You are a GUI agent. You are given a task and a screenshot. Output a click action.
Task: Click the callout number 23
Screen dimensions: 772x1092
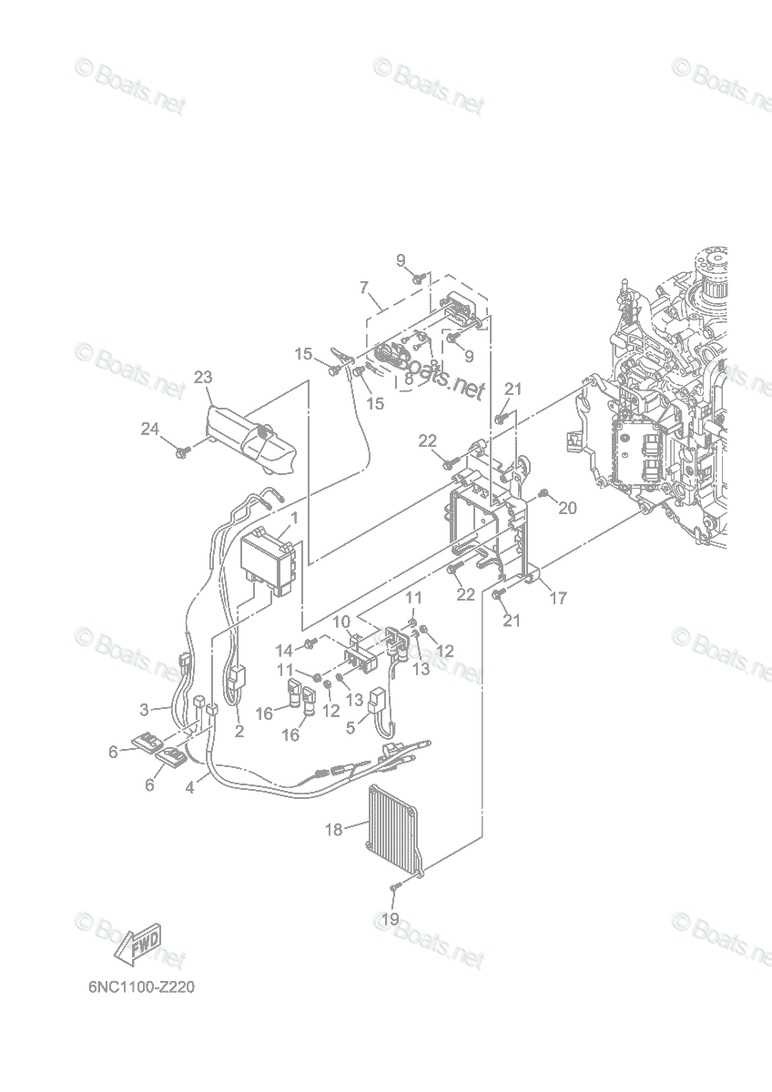(203, 377)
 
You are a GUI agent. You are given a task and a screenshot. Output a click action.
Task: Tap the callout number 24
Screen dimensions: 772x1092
(150, 429)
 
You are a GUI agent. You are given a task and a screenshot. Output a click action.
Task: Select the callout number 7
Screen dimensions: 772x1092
(364, 288)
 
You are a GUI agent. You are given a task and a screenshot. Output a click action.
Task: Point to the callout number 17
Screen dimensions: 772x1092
(558, 598)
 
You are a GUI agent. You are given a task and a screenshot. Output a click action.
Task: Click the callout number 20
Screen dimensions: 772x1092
(567, 509)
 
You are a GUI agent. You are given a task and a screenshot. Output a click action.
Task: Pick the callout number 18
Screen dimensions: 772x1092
(333, 829)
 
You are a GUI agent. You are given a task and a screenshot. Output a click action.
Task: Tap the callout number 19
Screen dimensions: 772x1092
(391, 920)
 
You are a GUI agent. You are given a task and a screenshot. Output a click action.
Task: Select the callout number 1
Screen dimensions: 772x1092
(294, 518)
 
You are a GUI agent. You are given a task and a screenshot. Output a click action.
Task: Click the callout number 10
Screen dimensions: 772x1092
(342, 622)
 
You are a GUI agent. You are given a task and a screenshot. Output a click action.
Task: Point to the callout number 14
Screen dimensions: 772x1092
(284, 651)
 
